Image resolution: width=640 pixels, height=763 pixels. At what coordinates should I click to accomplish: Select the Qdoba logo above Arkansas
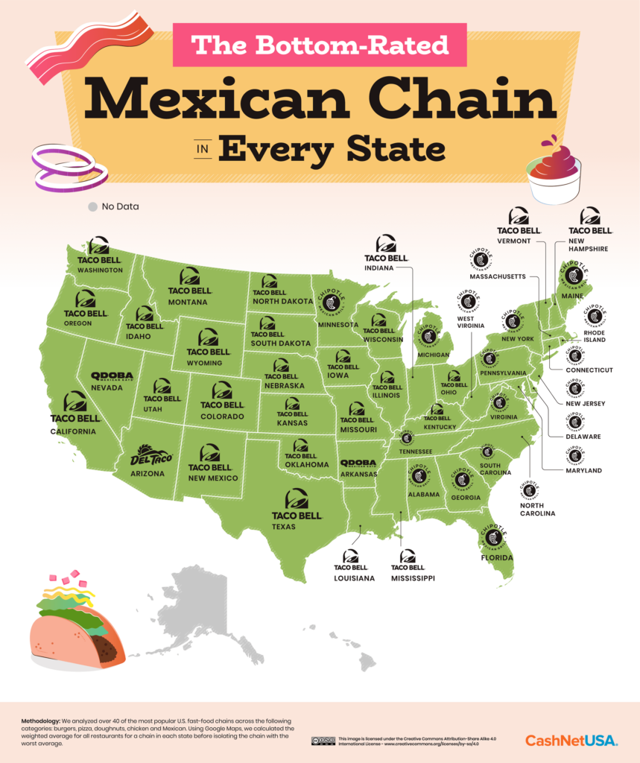359,463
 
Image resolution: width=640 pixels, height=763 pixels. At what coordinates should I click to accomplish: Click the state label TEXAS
284,527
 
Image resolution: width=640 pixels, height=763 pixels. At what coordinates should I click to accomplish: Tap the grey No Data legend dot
92,206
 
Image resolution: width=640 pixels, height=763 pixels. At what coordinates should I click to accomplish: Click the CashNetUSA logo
571,740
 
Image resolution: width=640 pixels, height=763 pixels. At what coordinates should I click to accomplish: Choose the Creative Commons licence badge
323,741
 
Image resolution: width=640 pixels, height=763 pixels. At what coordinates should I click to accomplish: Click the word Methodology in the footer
43,722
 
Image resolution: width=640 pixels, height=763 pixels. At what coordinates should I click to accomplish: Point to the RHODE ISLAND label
595,335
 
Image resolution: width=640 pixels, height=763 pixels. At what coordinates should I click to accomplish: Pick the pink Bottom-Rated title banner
320,45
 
